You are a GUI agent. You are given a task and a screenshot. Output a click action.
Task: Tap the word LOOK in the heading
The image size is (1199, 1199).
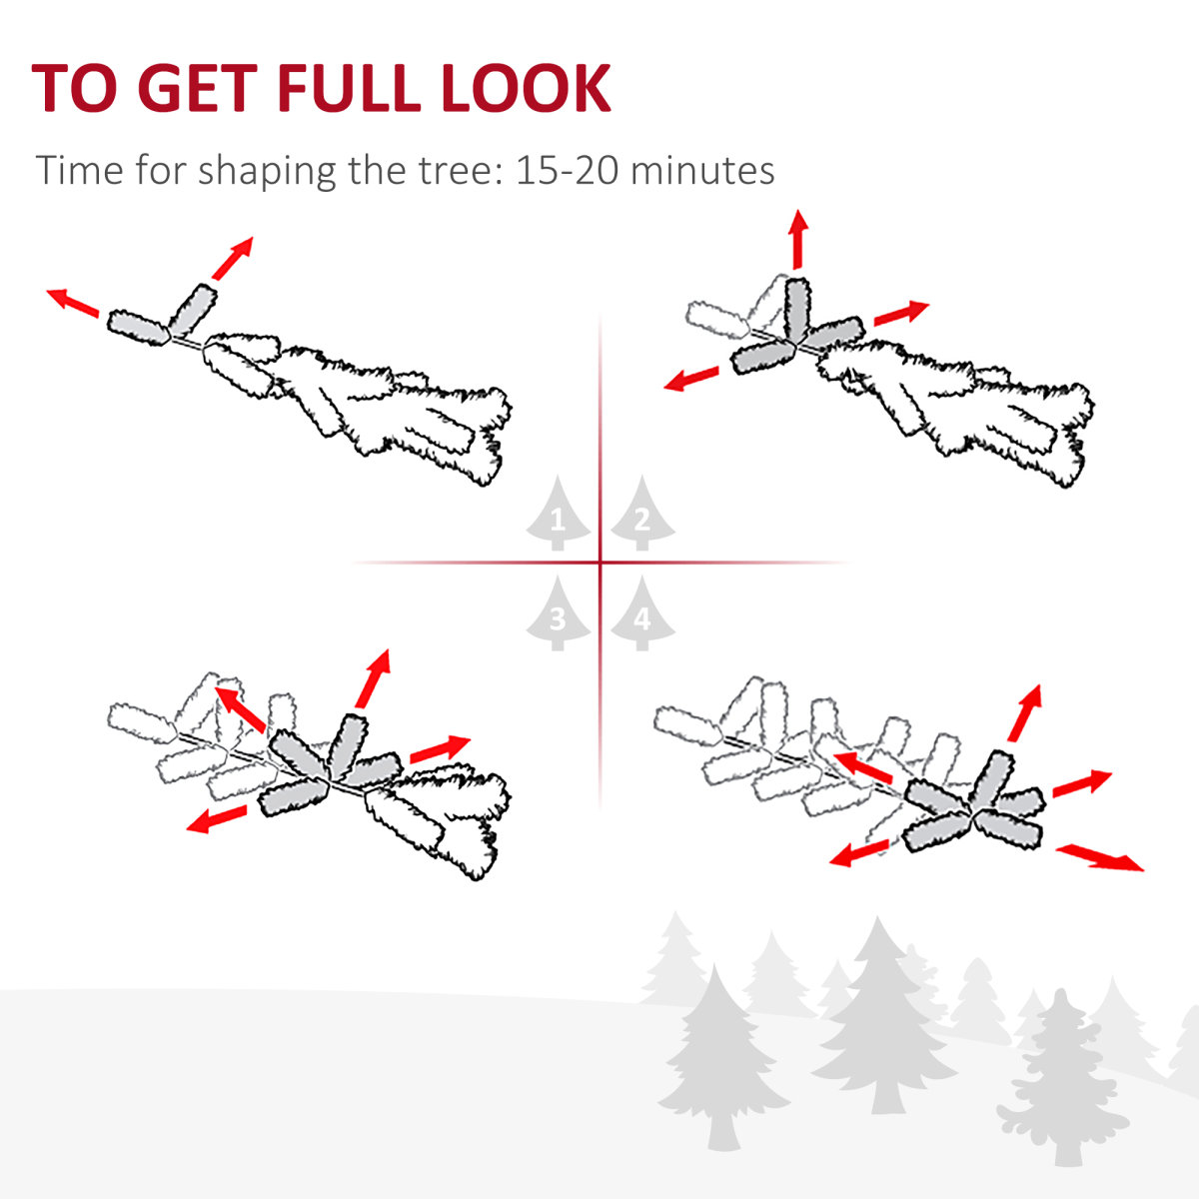[x=526, y=88]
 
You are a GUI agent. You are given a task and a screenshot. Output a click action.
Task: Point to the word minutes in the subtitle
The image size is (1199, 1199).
[x=702, y=170]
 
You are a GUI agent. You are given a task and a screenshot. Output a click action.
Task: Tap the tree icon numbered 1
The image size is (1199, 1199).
[x=558, y=514]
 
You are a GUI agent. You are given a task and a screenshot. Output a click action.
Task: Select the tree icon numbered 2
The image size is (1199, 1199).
[x=642, y=514]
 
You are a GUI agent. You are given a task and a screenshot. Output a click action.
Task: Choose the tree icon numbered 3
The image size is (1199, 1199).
[x=558, y=612]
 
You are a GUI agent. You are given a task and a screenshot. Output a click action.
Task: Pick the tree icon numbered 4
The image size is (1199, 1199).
[x=642, y=612]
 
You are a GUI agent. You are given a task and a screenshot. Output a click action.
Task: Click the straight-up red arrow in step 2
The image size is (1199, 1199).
[x=797, y=240]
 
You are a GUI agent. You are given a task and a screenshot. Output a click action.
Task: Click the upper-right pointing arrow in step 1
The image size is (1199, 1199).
[x=232, y=258]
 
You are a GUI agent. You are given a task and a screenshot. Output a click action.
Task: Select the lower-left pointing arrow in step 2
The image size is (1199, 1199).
[x=691, y=379]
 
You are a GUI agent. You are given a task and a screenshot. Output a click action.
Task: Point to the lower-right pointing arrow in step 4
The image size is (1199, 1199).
[x=1099, y=858]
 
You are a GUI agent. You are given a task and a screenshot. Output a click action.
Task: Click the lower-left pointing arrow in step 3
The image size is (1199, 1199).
[x=217, y=819]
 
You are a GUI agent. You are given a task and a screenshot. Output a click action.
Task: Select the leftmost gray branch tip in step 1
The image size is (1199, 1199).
[x=138, y=328]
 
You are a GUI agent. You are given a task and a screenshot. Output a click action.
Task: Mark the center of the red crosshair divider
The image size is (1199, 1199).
[x=600, y=563]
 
